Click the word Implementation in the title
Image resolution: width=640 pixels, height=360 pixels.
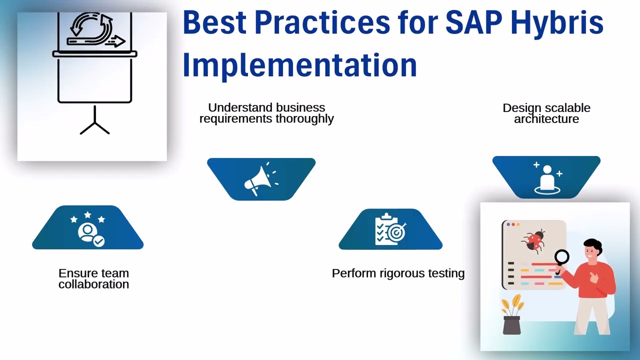299,64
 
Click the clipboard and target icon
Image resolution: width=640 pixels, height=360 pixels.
390,229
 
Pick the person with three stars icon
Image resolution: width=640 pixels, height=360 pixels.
88,228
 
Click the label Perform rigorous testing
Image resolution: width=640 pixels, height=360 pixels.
398,273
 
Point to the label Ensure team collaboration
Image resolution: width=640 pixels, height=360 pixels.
93,278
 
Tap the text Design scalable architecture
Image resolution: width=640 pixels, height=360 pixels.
546,113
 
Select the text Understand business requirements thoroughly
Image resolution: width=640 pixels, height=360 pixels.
266,113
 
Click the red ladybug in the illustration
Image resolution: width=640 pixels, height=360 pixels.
533,240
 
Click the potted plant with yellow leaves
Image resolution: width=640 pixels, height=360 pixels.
511,315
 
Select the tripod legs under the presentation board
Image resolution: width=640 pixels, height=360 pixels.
94,125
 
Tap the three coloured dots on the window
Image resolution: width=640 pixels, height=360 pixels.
513,225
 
